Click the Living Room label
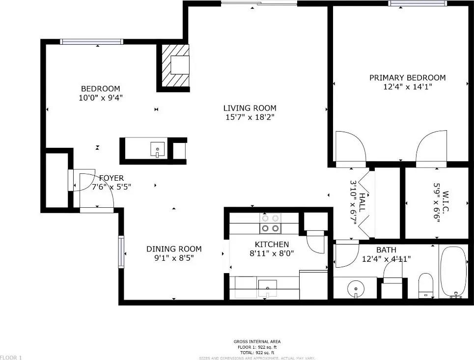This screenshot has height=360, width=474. click(x=250, y=108)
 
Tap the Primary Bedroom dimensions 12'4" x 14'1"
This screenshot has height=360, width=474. click(x=407, y=87)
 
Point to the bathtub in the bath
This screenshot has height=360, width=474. click(x=453, y=271)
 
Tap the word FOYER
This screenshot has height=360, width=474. click(x=112, y=178)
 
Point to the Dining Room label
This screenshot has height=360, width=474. click(x=174, y=249)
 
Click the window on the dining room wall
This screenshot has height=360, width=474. click(x=120, y=252)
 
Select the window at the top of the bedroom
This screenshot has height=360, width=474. click(x=91, y=42)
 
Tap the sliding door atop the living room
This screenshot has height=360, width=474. click(x=258, y=3)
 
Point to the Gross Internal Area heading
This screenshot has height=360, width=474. click(x=257, y=341)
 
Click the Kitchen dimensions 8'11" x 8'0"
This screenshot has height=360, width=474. click(x=272, y=253)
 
